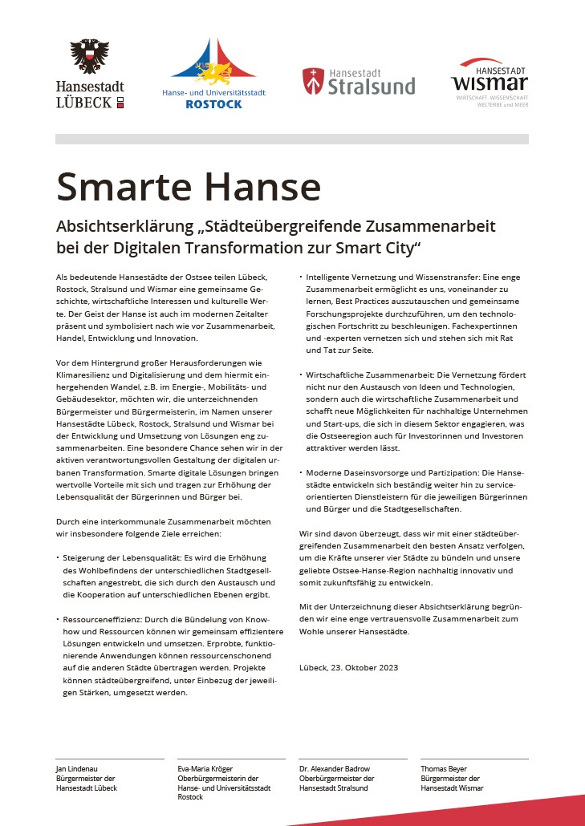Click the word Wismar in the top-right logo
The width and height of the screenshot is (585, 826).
[490, 83]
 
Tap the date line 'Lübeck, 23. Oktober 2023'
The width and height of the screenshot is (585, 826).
[348, 667]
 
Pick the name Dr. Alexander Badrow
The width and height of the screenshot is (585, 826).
[335, 769]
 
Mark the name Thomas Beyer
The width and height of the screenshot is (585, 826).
[444, 769]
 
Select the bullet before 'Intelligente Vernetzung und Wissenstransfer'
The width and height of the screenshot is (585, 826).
[301, 277]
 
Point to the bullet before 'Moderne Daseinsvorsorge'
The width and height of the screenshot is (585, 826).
[301, 473]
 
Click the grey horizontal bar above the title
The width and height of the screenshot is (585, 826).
[292, 139]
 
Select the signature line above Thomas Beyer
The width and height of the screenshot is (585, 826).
[474, 759]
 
